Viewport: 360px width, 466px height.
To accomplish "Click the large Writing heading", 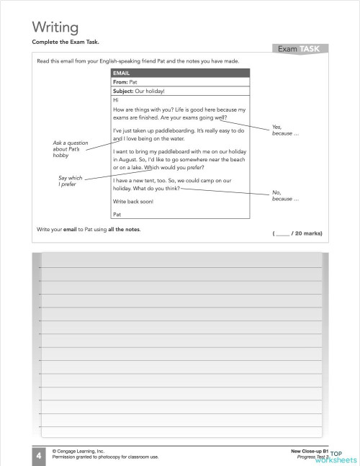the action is coord(55,28).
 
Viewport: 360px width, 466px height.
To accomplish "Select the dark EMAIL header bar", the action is coord(180,73).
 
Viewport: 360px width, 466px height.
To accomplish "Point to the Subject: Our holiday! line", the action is coord(140,91).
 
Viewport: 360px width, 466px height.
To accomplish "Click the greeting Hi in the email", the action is coord(116,100).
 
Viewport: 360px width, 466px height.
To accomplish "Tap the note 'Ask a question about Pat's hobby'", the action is coord(70,149).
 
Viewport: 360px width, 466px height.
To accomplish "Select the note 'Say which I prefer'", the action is coord(70,181).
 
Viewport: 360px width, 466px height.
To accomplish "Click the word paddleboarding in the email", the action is coord(177,130).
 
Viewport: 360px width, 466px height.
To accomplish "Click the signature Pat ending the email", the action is coord(118,214).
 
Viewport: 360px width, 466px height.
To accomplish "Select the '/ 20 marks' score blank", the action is coord(297,233).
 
